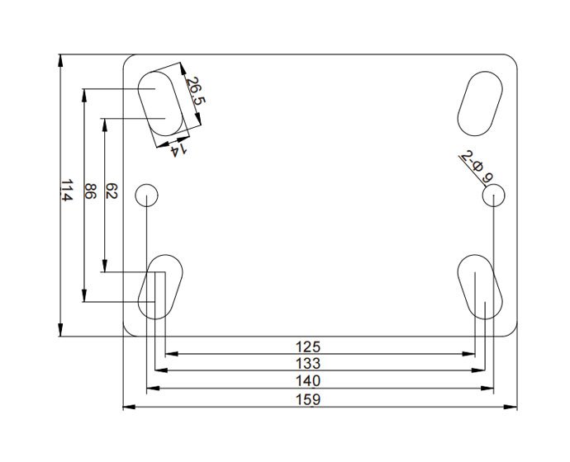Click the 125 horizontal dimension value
(318, 346)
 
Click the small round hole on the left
(147, 195)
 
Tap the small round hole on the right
(494, 196)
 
